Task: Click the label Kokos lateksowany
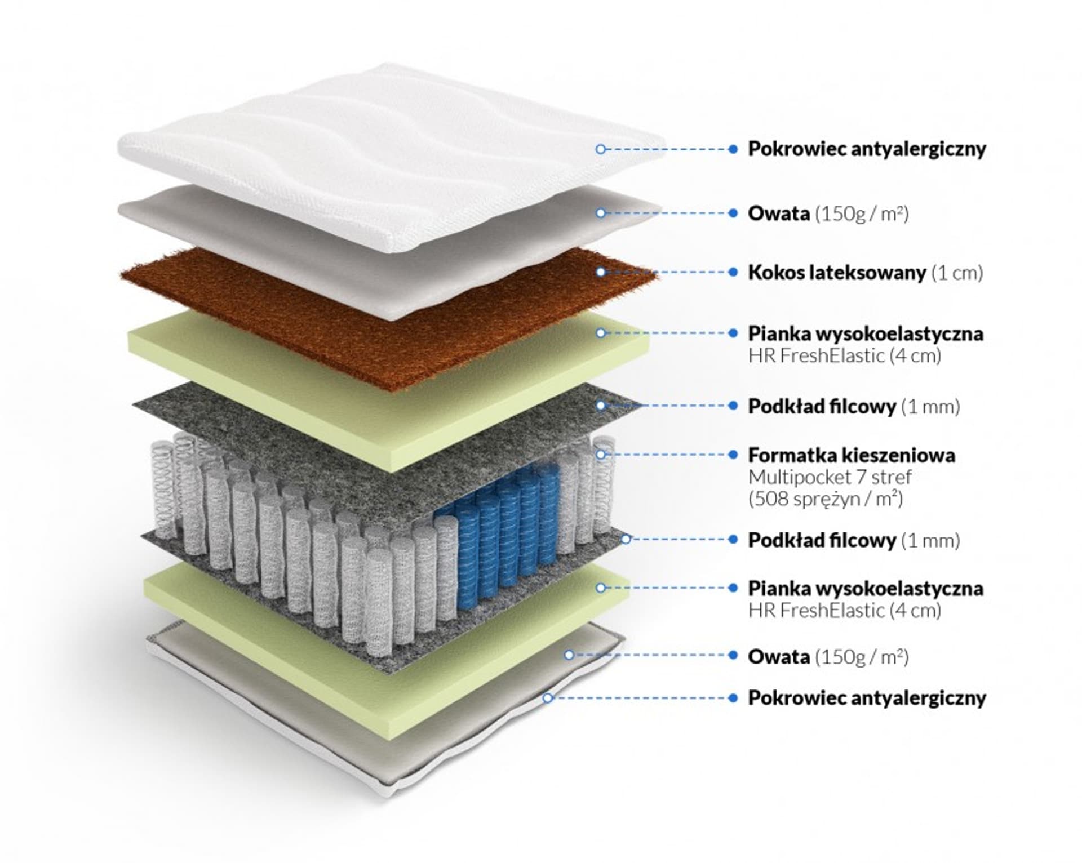coord(836,273)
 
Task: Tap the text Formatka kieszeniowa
coord(851,455)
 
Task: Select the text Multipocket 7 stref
coord(829,477)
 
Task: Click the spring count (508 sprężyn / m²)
coord(825,499)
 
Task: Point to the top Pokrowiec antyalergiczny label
coord(867,149)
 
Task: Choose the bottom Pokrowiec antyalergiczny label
coord(867,698)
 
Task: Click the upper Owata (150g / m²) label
coord(828,213)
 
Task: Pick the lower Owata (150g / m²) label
coord(828,656)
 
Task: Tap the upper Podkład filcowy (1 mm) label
coord(853,406)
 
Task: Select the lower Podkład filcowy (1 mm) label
coord(853,540)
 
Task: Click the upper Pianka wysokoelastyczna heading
coord(865,333)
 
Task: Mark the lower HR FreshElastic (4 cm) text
coord(844,610)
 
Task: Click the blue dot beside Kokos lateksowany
coord(733,272)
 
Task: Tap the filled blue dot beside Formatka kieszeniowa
coord(733,454)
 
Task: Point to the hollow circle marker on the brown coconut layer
coord(601,272)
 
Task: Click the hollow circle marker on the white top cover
coord(601,149)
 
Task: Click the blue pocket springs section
coord(502,530)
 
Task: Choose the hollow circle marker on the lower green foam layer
coord(601,588)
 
